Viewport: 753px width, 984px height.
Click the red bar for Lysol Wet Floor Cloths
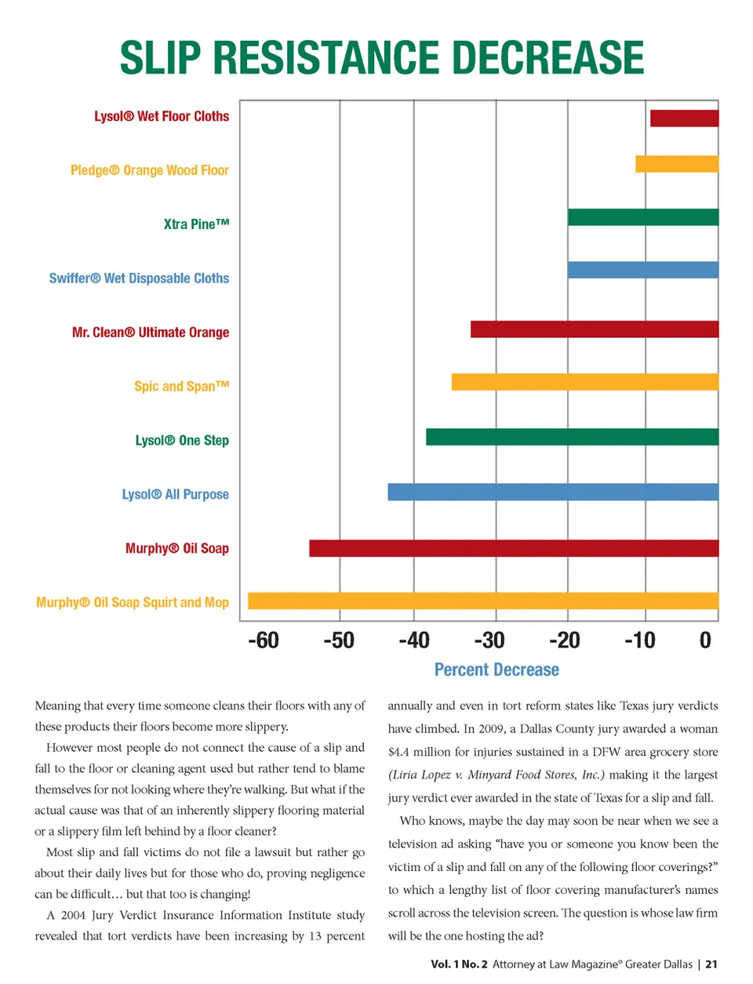click(684, 118)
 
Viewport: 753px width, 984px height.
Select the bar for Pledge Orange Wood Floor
click(677, 164)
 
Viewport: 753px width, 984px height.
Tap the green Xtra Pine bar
click(643, 217)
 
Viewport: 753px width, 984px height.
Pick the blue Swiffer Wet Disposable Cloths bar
click(643, 270)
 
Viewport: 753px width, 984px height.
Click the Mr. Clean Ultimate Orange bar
click(595, 329)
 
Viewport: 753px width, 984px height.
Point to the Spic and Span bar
click(585, 382)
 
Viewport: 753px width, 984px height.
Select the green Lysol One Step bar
click(573, 437)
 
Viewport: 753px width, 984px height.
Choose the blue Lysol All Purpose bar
click(553, 492)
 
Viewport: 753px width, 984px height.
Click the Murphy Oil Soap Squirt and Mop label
click(133, 602)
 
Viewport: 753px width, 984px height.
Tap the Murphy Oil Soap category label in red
click(177, 548)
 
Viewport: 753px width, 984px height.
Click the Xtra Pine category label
click(197, 224)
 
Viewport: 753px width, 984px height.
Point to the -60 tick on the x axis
click(264, 641)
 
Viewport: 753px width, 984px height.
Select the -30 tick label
click(489, 641)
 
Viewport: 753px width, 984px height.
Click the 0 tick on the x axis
click(705, 641)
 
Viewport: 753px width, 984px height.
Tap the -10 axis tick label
click(640, 641)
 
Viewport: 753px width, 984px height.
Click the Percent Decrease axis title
click(497, 670)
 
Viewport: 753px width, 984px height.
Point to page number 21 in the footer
click(711, 964)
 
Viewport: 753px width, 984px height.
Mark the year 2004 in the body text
click(73, 915)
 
